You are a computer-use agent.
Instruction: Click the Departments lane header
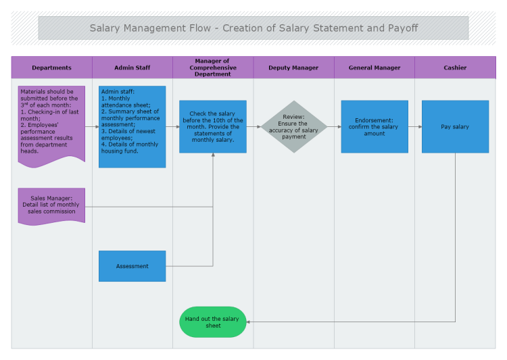pyautogui.click(x=51, y=68)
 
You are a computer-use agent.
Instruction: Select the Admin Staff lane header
pyautogui.click(x=132, y=68)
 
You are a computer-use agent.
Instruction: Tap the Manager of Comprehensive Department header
pyautogui.click(x=213, y=68)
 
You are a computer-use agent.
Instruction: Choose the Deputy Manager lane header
pyautogui.click(x=293, y=68)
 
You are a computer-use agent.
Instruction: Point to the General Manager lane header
pyautogui.click(x=375, y=68)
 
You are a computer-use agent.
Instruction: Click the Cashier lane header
pyautogui.click(x=455, y=68)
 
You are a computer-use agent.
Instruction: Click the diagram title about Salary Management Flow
pyautogui.click(x=254, y=28)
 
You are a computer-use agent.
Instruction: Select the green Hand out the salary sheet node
pyautogui.click(x=212, y=322)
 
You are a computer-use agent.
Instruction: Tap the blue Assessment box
pyautogui.click(x=132, y=266)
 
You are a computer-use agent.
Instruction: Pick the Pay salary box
pyautogui.click(x=455, y=126)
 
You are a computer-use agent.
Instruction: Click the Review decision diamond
pyautogui.click(x=293, y=126)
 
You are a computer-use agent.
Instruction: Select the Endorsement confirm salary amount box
pyautogui.click(x=375, y=126)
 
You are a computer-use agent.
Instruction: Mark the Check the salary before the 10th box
pyautogui.click(x=212, y=126)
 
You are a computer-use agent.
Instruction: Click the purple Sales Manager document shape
pyautogui.click(x=51, y=205)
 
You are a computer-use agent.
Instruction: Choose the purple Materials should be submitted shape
pyautogui.click(x=51, y=122)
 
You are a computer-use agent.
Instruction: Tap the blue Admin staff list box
pyautogui.click(x=132, y=126)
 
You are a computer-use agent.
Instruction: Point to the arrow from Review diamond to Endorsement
pyautogui.click(x=334, y=126)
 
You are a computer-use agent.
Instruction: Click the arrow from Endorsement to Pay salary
pyautogui.click(x=415, y=126)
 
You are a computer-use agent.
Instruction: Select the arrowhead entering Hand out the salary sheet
pyautogui.click(x=248, y=322)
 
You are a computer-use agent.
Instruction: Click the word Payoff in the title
pyautogui.click(x=403, y=28)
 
